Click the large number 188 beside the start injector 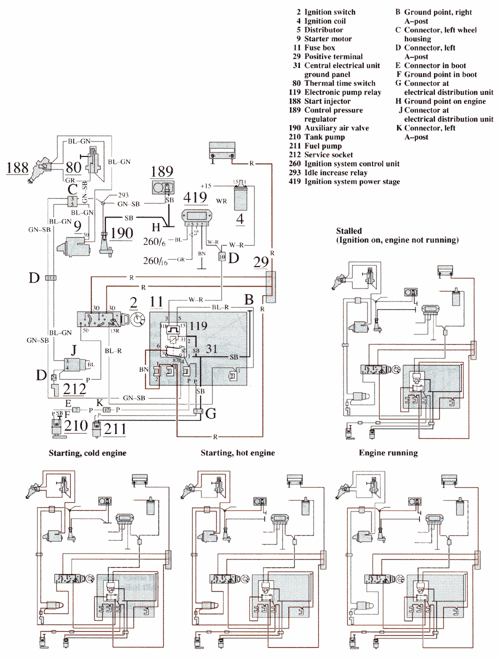tap(17, 167)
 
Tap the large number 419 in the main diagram tap(195, 197)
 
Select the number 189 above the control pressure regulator tap(161, 172)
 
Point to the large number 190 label tap(121, 233)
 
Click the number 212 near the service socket tap(74, 388)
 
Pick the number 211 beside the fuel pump tap(115, 428)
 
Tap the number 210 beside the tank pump tap(76, 425)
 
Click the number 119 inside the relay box tap(198, 326)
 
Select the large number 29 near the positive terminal tap(261, 262)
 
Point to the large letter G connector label tap(211, 413)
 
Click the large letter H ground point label tap(156, 227)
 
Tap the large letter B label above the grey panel tap(249, 299)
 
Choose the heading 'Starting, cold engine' tap(87, 453)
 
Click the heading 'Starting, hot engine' tap(237, 453)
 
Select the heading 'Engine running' tap(388, 453)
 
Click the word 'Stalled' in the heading tap(348, 231)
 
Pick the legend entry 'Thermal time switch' tap(339, 83)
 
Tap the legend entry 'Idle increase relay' tap(335, 172)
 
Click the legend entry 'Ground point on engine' tap(444, 101)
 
